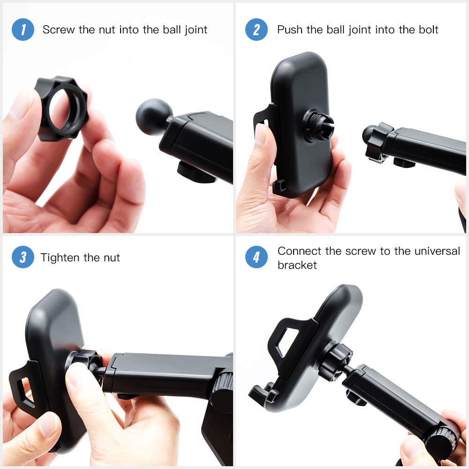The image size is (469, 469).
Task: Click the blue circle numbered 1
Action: pos(23,30)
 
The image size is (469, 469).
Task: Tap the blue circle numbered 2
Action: pos(257,30)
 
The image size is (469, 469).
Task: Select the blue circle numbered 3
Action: pos(23,257)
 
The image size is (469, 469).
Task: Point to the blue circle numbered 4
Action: pos(257,257)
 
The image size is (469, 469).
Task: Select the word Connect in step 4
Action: pos(300,251)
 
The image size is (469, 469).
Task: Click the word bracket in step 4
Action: pos(297,265)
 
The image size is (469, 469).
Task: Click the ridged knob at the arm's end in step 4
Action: pos(441,440)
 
